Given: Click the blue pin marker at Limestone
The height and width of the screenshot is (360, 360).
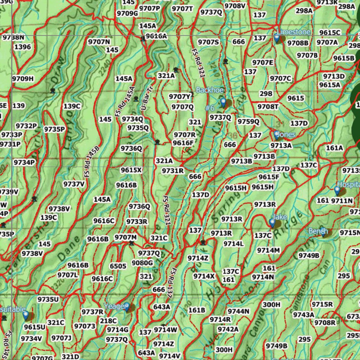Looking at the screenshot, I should pyautogui.click(x=277, y=38).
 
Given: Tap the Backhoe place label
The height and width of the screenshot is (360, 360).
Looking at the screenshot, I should pyautogui.click(x=210, y=90).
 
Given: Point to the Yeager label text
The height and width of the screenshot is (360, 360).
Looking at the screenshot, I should pyautogui.click(x=115, y=306).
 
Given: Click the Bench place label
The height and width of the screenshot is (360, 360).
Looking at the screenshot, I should pyautogui.click(x=318, y=231).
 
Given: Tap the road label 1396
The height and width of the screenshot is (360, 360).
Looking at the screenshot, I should pyautogui.click(x=22, y=47).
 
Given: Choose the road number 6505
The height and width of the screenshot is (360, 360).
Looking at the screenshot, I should pyautogui.click(x=118, y=266).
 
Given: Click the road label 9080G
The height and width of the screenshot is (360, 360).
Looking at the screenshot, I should pyautogui.click(x=142, y=263).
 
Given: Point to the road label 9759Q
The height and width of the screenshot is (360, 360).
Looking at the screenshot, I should pyautogui.click(x=248, y=122).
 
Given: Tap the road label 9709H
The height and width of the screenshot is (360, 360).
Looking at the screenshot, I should pyautogui.click(x=23, y=79).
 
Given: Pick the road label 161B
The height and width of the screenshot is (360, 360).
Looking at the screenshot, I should pyautogui.click(x=197, y=310).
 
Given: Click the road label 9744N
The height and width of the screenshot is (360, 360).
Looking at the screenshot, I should pyautogui.click(x=238, y=311).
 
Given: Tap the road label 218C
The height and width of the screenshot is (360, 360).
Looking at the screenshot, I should pyautogui.click(x=108, y=321).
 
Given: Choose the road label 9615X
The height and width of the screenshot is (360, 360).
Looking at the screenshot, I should pyautogui.click(x=131, y=170).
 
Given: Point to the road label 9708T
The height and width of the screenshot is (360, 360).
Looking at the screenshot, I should pyautogui.click(x=268, y=107).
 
